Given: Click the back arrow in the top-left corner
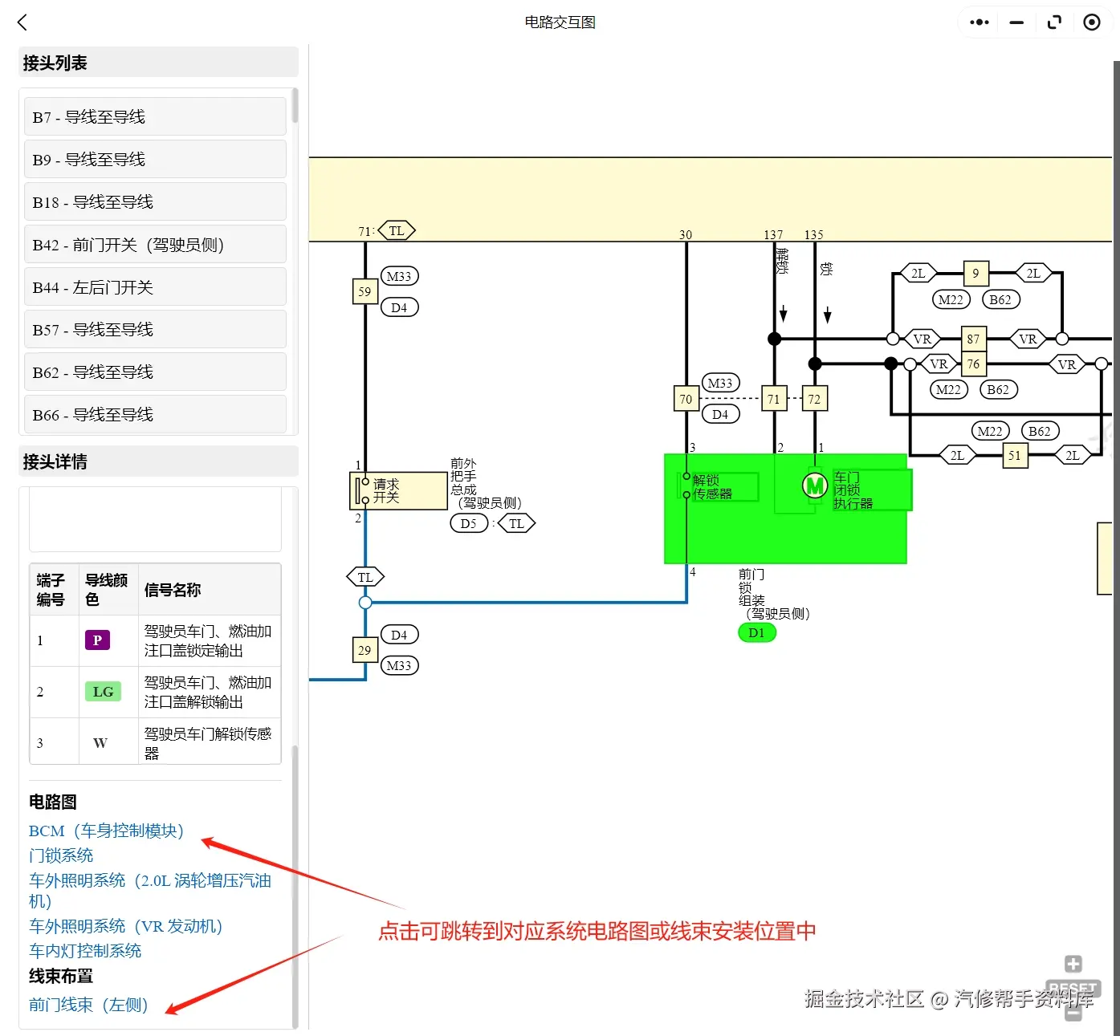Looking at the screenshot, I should pyautogui.click(x=22, y=22).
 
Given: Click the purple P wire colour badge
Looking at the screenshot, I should pyautogui.click(x=97, y=640).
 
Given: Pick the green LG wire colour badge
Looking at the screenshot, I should pyautogui.click(x=103, y=692).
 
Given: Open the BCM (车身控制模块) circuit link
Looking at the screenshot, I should pyautogui.click(x=106, y=831).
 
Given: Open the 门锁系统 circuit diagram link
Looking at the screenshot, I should pyautogui.click(x=61, y=855).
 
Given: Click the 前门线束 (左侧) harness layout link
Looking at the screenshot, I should pyautogui.click(x=88, y=1005).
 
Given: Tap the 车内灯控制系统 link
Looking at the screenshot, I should pyautogui.click(x=85, y=951).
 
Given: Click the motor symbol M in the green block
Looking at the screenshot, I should pyautogui.click(x=815, y=485).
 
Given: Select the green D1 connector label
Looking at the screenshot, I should pyautogui.click(x=756, y=632).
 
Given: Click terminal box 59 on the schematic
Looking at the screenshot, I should pyautogui.click(x=365, y=291).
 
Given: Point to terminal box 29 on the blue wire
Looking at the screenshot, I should pyautogui.click(x=365, y=650).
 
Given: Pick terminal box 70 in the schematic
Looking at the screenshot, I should pyautogui.click(x=686, y=399).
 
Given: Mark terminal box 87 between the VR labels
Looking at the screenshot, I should pyautogui.click(x=973, y=339).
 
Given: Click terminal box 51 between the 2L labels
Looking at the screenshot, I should pyautogui.click(x=1015, y=456).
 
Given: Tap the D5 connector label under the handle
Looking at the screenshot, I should pyautogui.click(x=469, y=524).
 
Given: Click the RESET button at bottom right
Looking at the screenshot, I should pyautogui.click(x=1073, y=988).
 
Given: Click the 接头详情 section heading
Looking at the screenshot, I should pyautogui.click(x=55, y=462).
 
